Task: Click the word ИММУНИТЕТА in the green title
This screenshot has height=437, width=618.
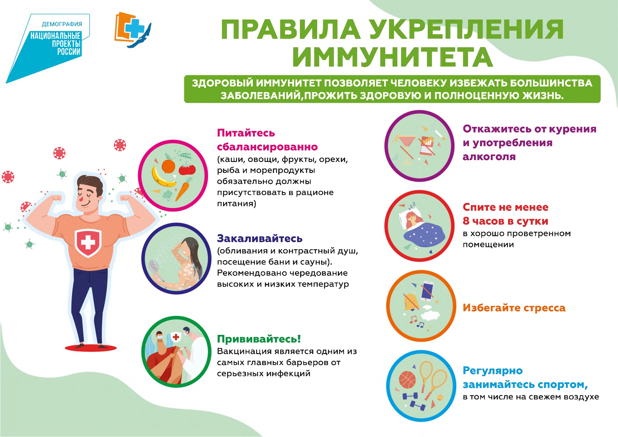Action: pyautogui.click(x=393, y=57)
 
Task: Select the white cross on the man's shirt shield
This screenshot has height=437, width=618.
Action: pyautogui.click(x=88, y=242)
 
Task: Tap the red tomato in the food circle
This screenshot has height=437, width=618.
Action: pyautogui.click(x=187, y=169)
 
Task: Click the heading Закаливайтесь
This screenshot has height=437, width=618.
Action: pyautogui.click(x=260, y=238)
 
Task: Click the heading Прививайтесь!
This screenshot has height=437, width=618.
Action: pyautogui.click(x=259, y=339)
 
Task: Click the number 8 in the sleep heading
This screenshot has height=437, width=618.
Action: pyautogui.click(x=466, y=221)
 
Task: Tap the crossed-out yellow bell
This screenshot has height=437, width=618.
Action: pyautogui.click(x=411, y=302)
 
